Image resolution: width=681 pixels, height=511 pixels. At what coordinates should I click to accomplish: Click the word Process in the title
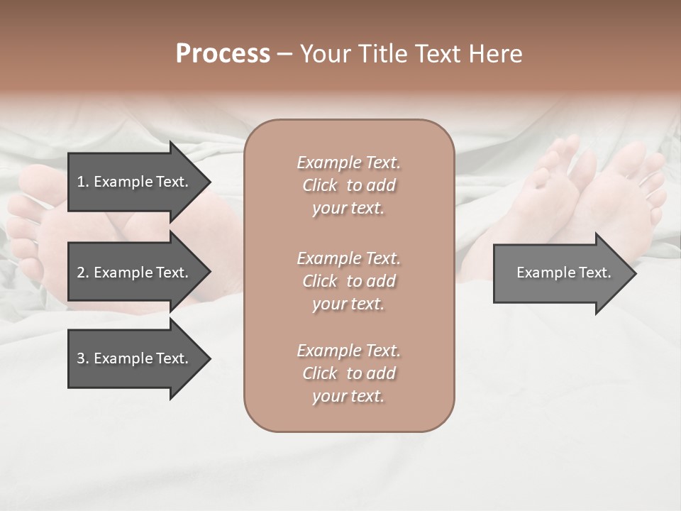click(x=223, y=54)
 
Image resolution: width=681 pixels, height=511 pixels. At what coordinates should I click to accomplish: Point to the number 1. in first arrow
click(x=83, y=182)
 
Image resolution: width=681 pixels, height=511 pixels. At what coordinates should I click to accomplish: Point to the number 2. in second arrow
click(x=83, y=273)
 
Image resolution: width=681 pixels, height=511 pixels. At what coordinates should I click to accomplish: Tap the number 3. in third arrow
click(x=83, y=358)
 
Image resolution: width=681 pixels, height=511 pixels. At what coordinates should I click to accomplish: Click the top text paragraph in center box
click(x=348, y=185)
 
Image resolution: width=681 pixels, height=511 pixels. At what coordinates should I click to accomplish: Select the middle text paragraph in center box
click(x=348, y=281)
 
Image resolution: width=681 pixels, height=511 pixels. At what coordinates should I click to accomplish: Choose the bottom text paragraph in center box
click(x=348, y=373)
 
